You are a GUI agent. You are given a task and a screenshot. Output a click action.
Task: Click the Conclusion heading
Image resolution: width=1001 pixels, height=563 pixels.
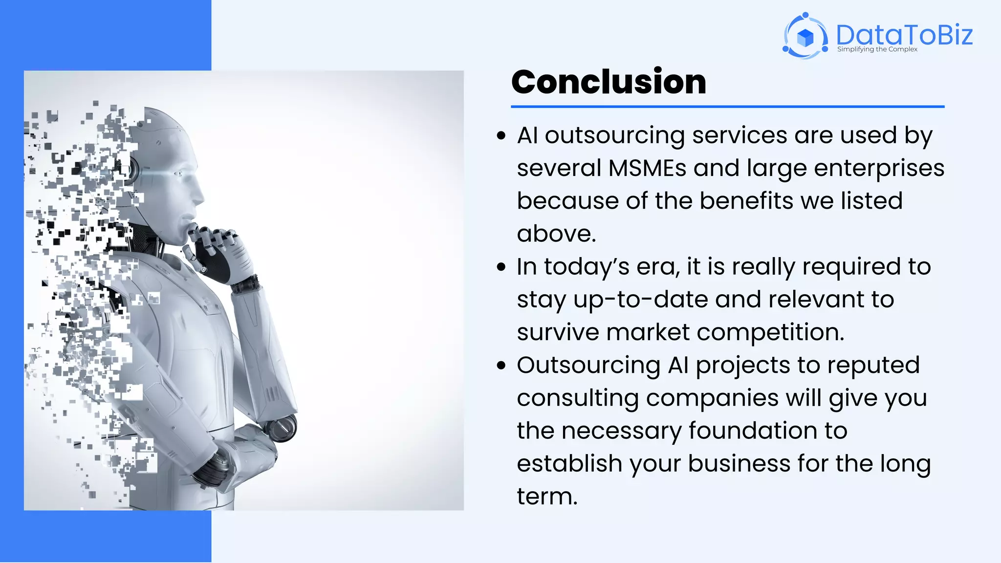pos(609,82)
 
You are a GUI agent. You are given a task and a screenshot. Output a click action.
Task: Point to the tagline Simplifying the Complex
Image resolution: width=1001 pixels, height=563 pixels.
pos(877,49)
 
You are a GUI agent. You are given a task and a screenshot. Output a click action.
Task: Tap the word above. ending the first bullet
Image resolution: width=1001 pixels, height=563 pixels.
pos(556,234)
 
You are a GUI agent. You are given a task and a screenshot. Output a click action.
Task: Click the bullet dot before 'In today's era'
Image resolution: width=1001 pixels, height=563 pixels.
pos(500,267)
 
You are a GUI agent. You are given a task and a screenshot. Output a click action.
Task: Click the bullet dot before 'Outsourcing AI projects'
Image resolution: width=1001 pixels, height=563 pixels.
pos(500,366)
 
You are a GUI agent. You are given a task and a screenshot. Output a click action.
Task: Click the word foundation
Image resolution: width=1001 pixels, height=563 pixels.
pos(753,431)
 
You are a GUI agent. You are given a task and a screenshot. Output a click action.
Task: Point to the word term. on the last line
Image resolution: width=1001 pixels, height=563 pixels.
pos(547,497)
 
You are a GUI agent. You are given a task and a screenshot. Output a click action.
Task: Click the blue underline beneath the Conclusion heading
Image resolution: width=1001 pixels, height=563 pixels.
pos(727,106)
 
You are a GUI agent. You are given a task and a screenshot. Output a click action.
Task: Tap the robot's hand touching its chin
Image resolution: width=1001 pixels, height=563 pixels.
pos(215,244)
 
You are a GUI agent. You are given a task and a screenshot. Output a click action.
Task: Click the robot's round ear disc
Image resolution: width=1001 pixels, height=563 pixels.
pos(128,171)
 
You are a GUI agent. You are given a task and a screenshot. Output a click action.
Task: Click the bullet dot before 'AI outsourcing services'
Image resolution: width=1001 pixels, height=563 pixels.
pos(500,136)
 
